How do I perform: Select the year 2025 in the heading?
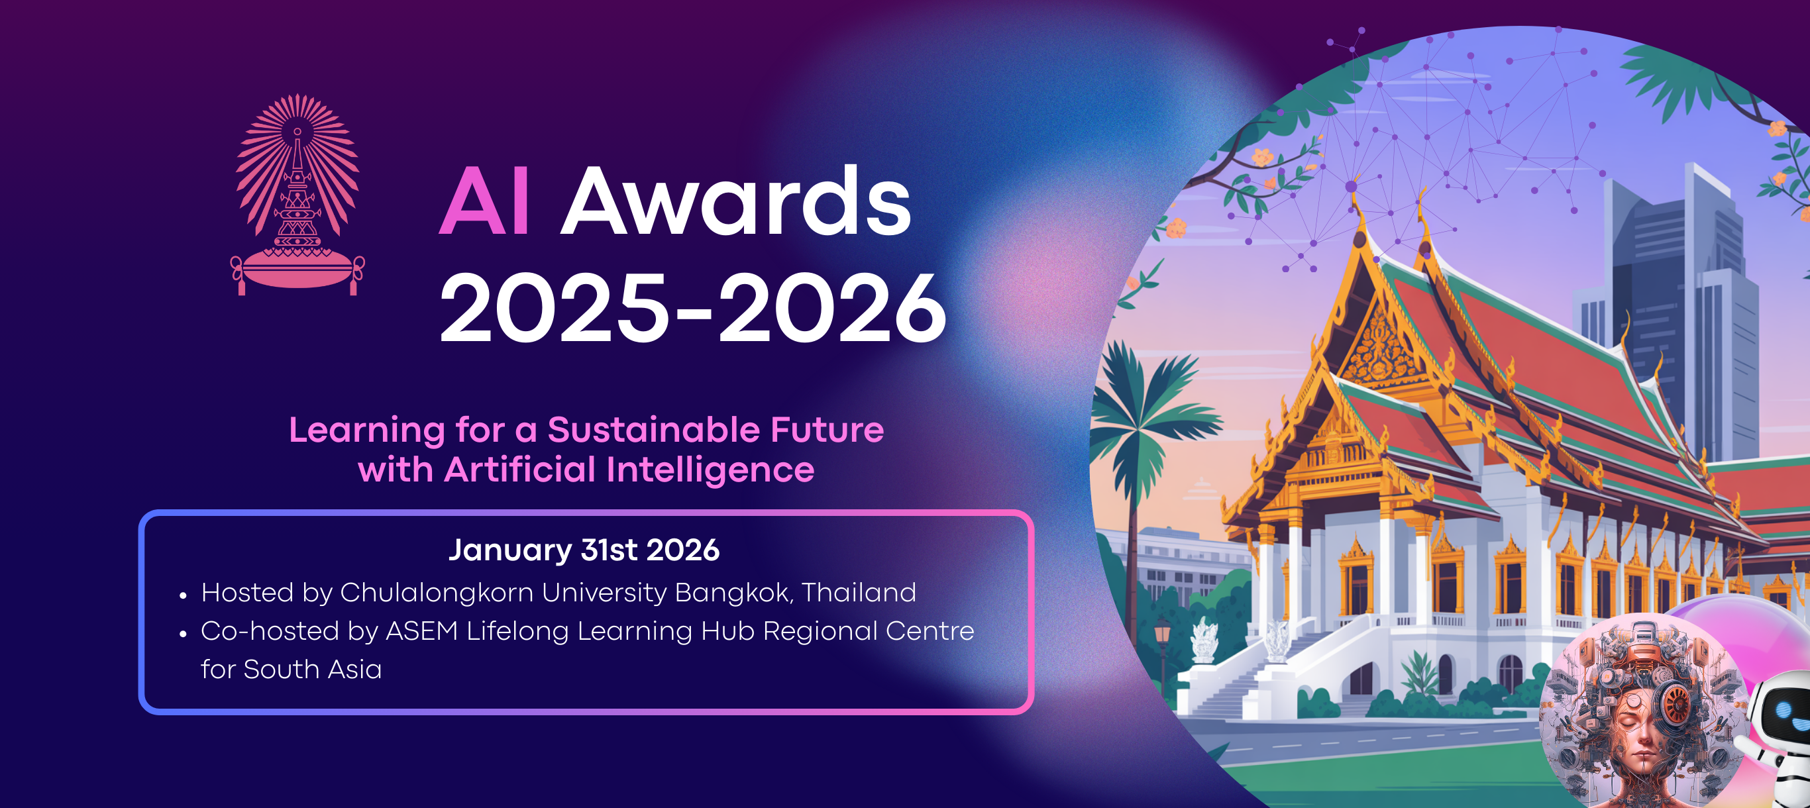(554, 309)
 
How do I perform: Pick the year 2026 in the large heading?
(832, 309)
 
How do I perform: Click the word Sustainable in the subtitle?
(653, 430)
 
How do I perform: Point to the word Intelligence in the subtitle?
(710, 470)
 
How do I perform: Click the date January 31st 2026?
(584, 550)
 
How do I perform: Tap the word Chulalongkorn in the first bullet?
(437, 593)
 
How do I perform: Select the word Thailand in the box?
(859, 593)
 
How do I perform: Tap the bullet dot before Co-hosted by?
(184, 634)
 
